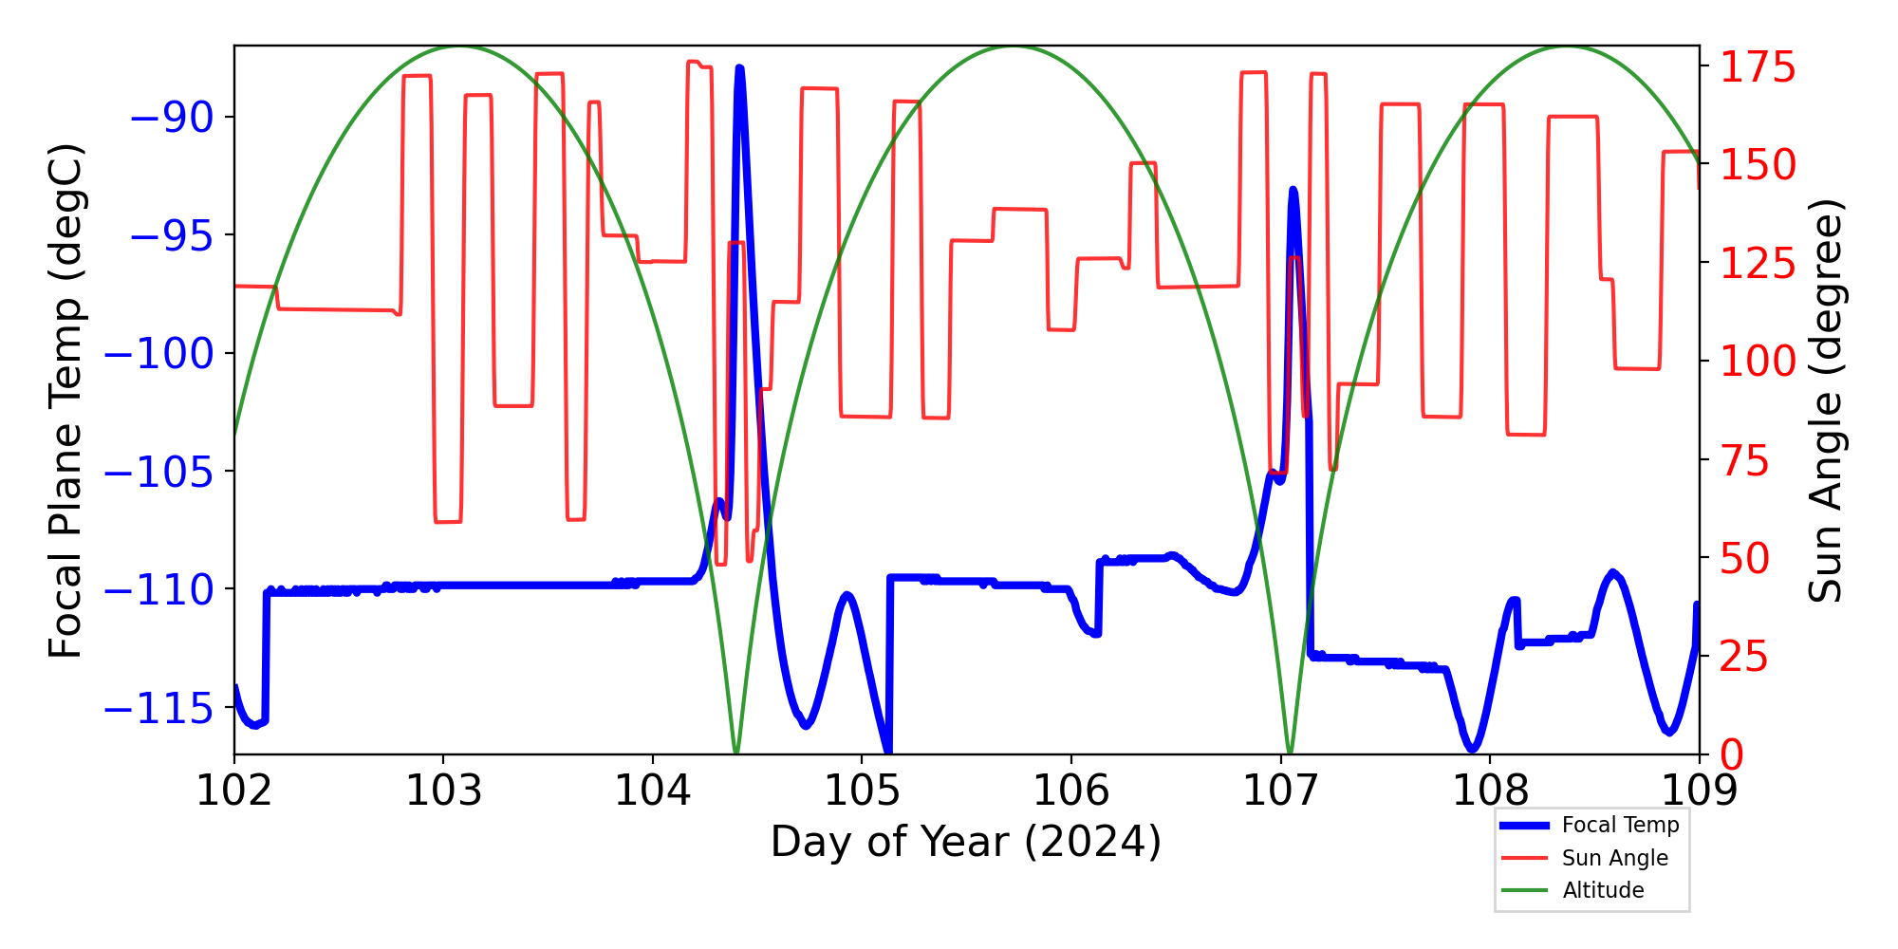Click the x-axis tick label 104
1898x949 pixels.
653,790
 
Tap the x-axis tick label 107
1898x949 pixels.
1281,790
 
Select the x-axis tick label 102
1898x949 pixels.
234,790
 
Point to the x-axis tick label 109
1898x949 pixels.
1699,790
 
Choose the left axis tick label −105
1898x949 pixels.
158,472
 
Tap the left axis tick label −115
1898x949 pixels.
158,708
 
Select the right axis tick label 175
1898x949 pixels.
1758,68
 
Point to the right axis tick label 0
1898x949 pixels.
1732,755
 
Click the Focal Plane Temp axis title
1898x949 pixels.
66,400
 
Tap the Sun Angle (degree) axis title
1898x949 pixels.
1824,400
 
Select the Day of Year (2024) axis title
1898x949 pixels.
965,842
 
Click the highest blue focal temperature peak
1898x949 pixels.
739,68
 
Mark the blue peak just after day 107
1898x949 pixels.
1293,190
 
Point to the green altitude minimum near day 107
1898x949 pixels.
1289,753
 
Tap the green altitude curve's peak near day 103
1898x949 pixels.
460,47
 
